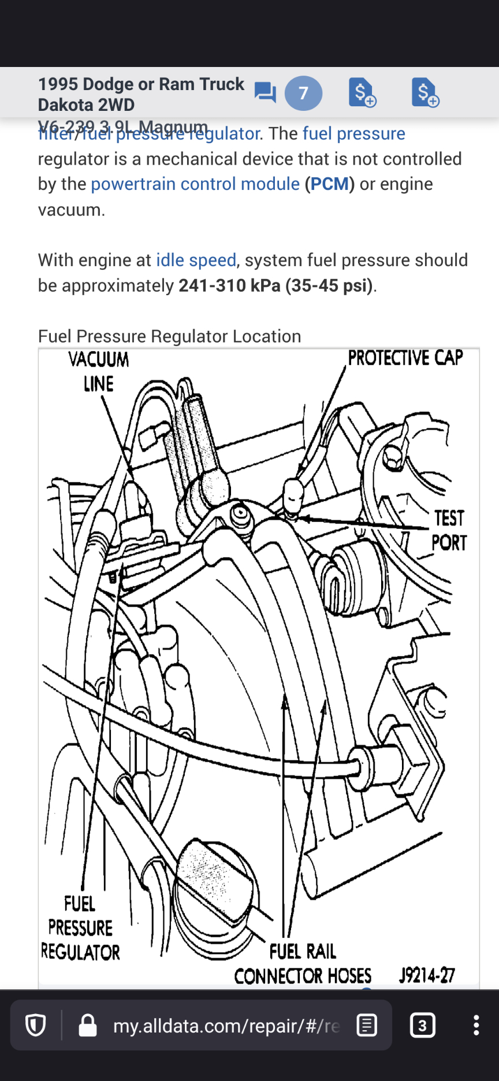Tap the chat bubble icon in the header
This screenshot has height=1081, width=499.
coord(265,92)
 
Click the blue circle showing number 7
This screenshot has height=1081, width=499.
coord(303,93)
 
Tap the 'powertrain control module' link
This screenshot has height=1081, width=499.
coord(195,184)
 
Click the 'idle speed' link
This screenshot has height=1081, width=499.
coord(196,260)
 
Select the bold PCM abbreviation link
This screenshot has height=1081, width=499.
coord(330,184)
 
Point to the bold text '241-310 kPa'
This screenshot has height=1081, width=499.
coord(229,285)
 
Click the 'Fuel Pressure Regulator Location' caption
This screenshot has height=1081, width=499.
coord(169,336)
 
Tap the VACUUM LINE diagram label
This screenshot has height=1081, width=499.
coord(99,371)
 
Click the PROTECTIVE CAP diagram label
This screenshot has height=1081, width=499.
coord(405,358)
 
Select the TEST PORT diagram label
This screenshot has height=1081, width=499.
coord(449,530)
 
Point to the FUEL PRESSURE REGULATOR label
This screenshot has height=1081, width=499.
coord(80,928)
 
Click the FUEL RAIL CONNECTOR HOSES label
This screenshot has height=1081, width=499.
coord(303,964)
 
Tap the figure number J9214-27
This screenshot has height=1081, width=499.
coord(427,975)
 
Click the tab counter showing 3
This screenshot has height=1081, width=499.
coord(422,1026)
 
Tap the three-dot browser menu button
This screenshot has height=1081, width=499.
coord(476,1025)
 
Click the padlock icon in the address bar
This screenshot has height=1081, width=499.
coord(88,1026)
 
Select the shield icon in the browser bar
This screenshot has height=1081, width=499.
coord(36,1026)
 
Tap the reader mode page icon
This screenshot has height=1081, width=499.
coord(367,1025)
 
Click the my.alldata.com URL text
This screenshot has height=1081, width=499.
coord(226,1026)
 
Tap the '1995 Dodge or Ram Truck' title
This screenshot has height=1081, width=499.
coord(141,84)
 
